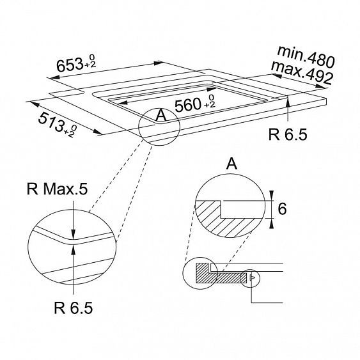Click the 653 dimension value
click(x=70, y=65)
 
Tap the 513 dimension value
click(x=51, y=122)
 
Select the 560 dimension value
click(x=188, y=105)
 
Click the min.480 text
click(x=306, y=56)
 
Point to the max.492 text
click(x=302, y=72)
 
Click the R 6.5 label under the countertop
click(x=288, y=134)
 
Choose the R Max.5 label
click(x=57, y=189)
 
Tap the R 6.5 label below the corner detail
click(x=74, y=308)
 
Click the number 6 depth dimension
click(x=282, y=208)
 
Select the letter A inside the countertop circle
click(x=161, y=115)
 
